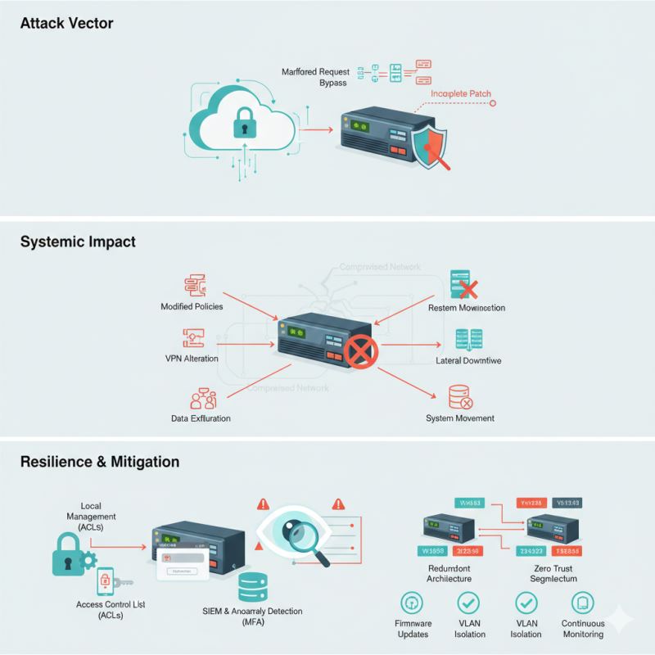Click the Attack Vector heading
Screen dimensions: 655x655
click(65, 24)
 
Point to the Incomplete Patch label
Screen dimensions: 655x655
click(461, 94)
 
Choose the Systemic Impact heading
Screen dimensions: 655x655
click(77, 242)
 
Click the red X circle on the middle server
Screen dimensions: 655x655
click(359, 354)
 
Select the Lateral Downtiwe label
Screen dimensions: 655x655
click(468, 359)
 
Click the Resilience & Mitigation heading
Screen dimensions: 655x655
click(99, 462)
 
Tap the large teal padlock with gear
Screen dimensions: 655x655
click(72, 557)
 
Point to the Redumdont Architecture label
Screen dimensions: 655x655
click(449, 573)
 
